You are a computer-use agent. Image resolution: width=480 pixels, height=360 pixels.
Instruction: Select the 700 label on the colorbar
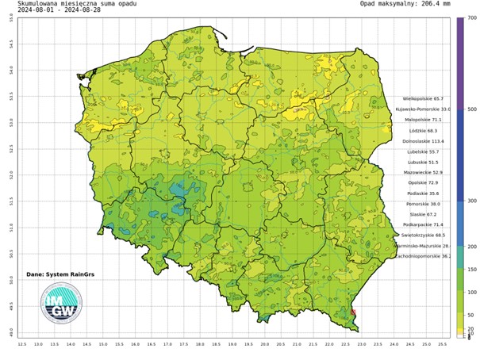click(470, 17)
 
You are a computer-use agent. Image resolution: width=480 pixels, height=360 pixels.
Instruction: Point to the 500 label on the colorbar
click(470, 109)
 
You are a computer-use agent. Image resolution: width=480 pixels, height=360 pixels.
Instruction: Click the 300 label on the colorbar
click(470, 201)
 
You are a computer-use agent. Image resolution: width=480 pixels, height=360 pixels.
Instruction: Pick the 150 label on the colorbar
click(470, 270)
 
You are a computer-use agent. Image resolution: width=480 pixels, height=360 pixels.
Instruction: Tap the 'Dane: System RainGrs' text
click(53, 274)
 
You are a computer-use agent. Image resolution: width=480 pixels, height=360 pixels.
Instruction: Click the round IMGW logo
click(61, 304)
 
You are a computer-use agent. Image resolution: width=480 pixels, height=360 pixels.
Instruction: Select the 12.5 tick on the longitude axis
click(22, 344)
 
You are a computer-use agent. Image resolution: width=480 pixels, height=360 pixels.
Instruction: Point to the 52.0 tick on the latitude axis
click(10, 174)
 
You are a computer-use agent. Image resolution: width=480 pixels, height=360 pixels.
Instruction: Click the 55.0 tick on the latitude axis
click(10, 17)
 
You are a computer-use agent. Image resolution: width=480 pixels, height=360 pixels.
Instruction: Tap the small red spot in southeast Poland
click(353, 314)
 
